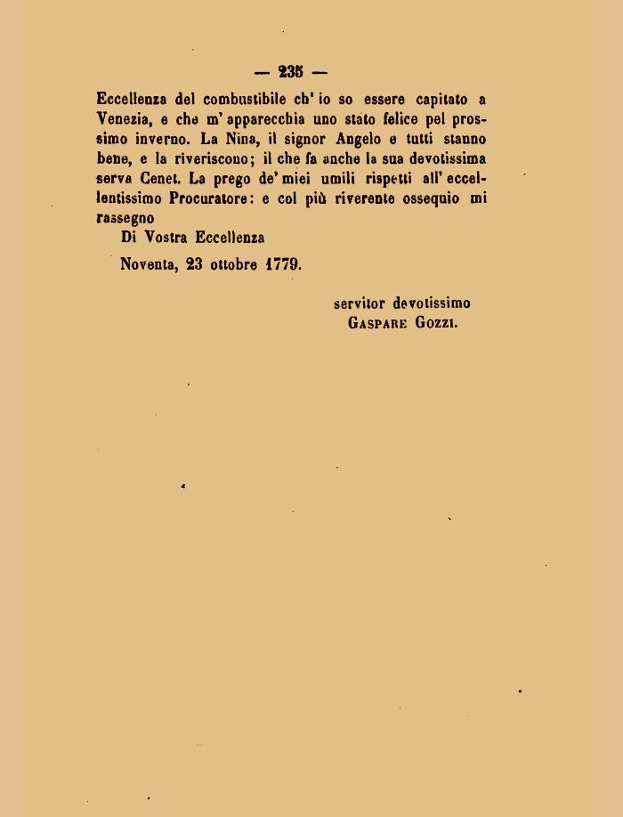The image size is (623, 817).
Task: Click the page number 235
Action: tap(290, 73)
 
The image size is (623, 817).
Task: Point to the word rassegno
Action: tap(125, 218)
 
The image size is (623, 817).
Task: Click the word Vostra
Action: tap(166, 238)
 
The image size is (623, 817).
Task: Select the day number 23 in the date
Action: tap(195, 264)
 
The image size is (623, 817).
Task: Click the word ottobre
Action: tap(234, 264)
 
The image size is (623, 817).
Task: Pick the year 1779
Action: tap(283, 264)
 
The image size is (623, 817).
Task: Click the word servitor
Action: tap(360, 304)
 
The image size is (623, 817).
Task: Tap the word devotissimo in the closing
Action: tap(432, 304)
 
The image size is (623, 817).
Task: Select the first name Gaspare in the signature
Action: tap(377, 324)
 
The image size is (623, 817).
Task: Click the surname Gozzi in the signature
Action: tap(437, 324)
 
